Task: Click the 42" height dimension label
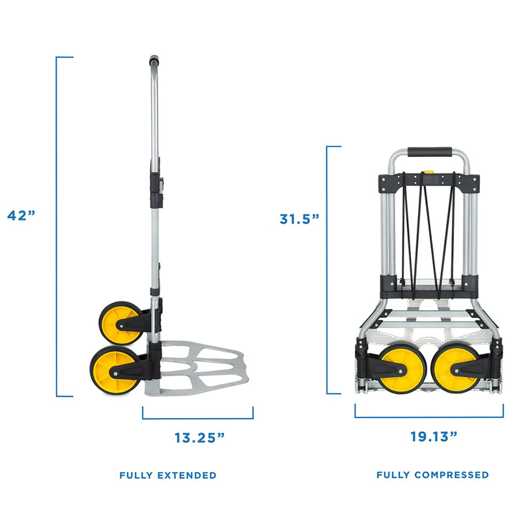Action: [x=21, y=215]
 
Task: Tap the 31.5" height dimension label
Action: [x=299, y=219]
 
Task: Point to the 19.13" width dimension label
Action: [x=429, y=437]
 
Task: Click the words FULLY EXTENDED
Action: [x=168, y=475]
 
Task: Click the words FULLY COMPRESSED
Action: [x=432, y=475]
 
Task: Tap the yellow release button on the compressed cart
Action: [x=428, y=174]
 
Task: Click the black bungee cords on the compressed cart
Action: [x=428, y=228]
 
